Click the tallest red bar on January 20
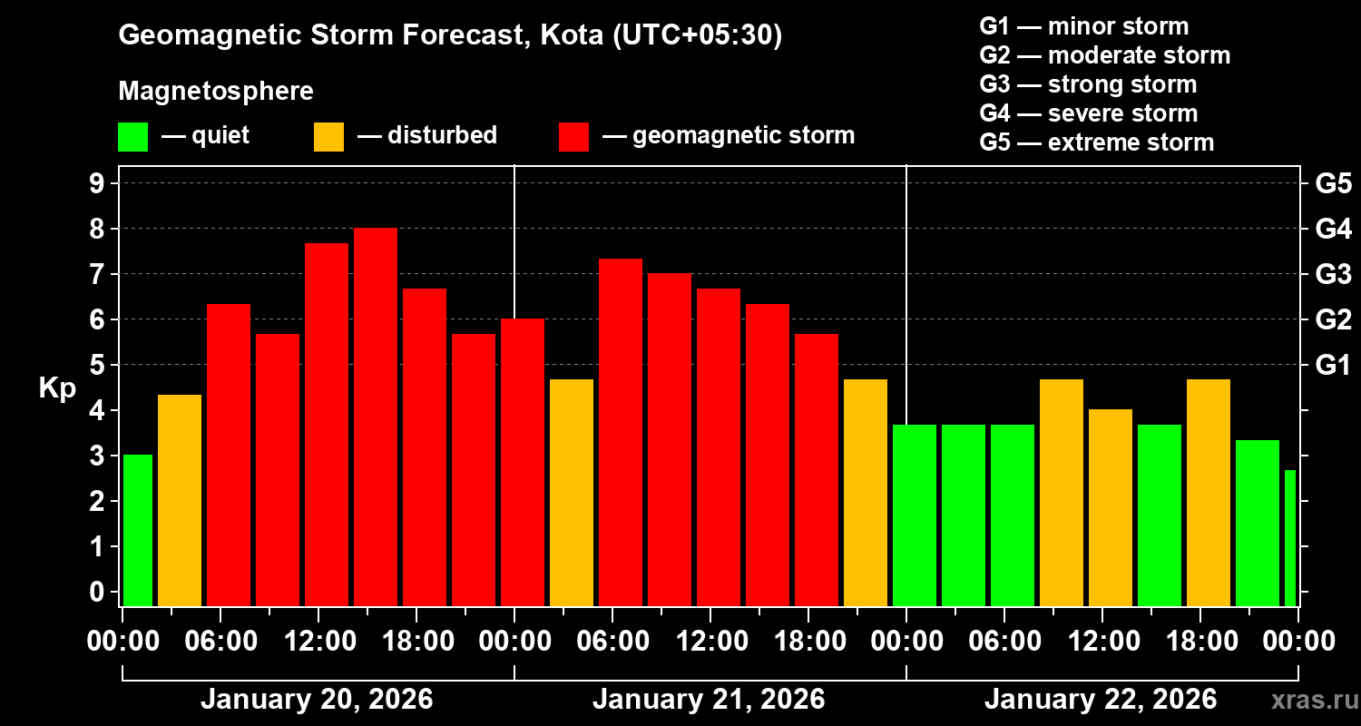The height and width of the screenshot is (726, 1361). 376,417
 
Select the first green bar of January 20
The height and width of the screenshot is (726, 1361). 138,530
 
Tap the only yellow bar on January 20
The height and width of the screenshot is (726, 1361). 180,500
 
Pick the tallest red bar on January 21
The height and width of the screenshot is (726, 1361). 621,432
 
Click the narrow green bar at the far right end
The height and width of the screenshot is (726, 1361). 1290,537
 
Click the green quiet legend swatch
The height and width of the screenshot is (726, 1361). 132,137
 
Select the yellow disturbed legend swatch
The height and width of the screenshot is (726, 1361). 328,137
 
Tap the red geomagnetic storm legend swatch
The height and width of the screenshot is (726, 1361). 573,137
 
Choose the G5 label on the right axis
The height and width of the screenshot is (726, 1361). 1333,183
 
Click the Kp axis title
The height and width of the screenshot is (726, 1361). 57,388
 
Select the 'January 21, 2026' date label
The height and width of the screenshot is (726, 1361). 709,700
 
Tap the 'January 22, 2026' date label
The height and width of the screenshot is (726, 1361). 1101,700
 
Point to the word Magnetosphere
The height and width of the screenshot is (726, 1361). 216,92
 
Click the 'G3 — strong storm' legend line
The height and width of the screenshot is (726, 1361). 1088,84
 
